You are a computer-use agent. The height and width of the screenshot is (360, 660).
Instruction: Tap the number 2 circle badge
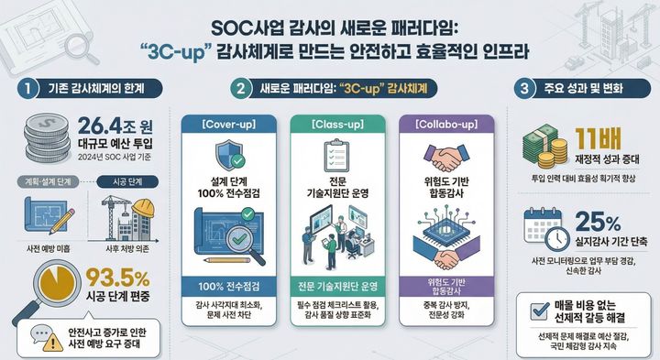pyautogui.click(x=241, y=89)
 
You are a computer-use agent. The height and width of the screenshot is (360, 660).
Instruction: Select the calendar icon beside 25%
pyautogui.click(x=544, y=229)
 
